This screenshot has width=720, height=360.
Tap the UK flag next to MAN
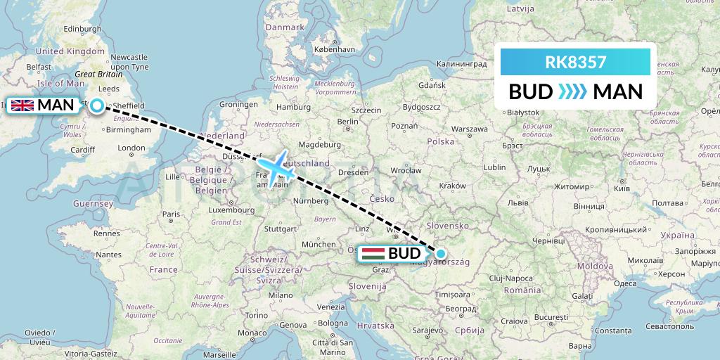click(x=22, y=105)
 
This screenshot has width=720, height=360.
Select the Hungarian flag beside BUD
click(x=373, y=254)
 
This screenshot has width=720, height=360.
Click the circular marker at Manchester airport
click(x=96, y=105)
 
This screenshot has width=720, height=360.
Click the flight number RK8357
click(x=574, y=62)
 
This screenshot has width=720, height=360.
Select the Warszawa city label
click(x=469, y=129)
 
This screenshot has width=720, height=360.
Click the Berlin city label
click(x=349, y=121)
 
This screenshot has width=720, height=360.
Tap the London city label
click(x=131, y=148)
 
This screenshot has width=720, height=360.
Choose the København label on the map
click(x=335, y=50)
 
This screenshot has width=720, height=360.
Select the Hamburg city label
click(x=293, y=107)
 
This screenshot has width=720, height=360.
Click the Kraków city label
click(x=451, y=185)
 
